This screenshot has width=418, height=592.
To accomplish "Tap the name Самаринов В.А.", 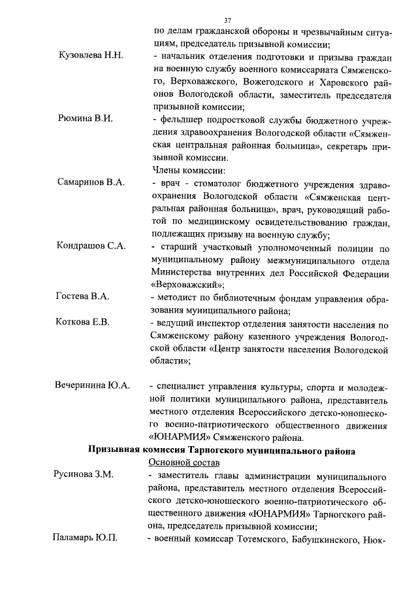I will click(x=91, y=182).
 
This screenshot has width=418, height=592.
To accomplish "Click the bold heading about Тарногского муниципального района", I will click(x=221, y=449).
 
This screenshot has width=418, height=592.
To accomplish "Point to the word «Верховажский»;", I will click(x=188, y=285).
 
